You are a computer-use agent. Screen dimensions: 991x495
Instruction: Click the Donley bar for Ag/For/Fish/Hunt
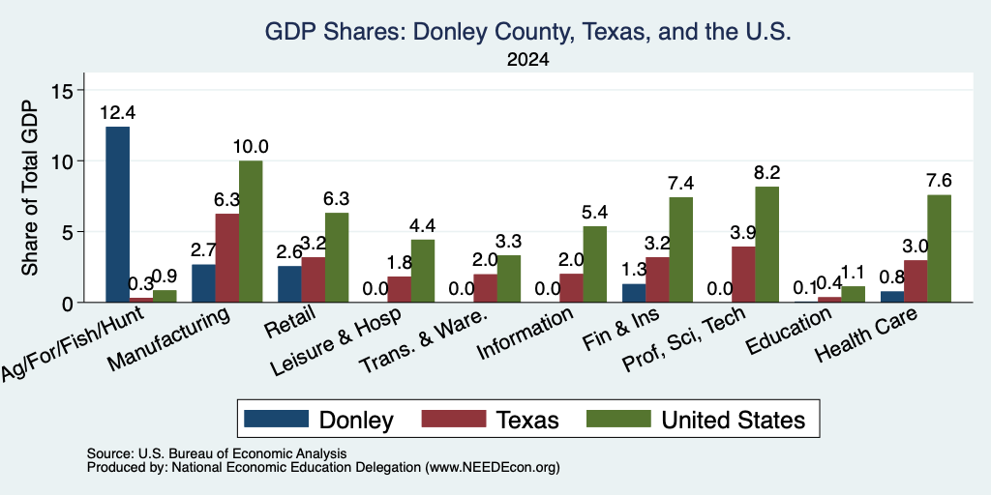pos(117,215)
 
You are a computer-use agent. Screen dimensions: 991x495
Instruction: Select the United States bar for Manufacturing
pos(251,232)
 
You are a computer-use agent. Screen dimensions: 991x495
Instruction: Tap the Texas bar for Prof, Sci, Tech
pos(742,275)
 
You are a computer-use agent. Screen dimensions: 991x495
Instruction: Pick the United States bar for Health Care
pos(939,248)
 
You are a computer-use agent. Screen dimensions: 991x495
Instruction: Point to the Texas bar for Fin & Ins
pos(657,279)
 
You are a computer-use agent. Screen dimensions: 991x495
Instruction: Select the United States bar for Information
pos(595,265)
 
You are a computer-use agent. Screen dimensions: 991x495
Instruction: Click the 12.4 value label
pos(117,113)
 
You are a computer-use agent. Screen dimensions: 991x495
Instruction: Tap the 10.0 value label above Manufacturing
pos(251,147)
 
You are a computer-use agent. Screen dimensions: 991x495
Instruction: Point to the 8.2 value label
pos(766,172)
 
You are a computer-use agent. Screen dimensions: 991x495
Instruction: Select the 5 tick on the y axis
pos(69,232)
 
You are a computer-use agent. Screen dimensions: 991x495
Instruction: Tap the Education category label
pos(789,332)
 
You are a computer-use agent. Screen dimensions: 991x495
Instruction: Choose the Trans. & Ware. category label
pos(424,340)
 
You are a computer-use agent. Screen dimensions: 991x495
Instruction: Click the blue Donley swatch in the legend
pos(276,419)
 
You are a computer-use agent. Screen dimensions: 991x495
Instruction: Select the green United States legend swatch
pos(618,419)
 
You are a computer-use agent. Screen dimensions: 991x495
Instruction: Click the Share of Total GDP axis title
pos(30,188)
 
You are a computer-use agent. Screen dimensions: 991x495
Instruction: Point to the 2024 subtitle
pos(527,60)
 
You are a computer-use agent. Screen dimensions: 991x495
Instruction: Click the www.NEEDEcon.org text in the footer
pos(493,468)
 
